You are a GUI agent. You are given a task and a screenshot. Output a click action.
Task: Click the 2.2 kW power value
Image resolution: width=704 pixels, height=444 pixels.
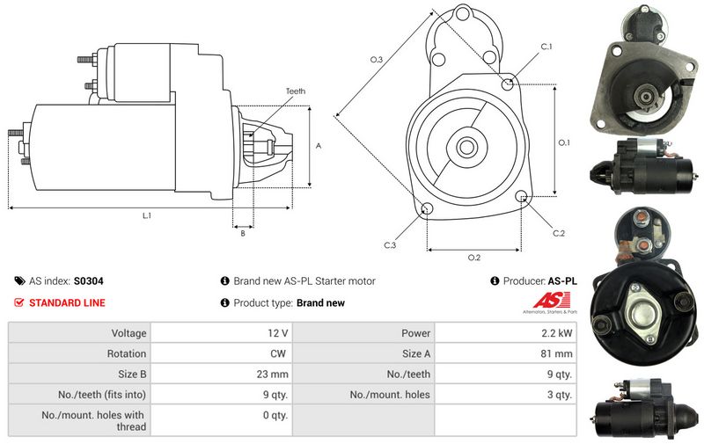[x=557, y=333]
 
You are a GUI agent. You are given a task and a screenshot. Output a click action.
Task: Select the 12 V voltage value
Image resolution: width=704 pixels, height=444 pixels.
[x=278, y=333]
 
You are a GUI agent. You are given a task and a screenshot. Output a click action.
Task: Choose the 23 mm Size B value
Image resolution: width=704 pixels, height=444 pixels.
[x=274, y=374]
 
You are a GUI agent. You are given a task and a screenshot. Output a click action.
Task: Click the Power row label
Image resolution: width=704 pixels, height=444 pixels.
[x=416, y=333]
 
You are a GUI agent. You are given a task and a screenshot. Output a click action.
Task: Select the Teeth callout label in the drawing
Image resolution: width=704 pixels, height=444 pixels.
[x=295, y=91]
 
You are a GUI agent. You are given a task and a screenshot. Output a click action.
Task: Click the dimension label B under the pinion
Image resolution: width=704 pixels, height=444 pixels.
[x=242, y=233]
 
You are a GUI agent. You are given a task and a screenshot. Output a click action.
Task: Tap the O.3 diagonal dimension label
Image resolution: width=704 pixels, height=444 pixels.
[x=376, y=60]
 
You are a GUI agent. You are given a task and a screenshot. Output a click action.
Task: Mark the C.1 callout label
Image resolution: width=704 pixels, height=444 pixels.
[x=546, y=46]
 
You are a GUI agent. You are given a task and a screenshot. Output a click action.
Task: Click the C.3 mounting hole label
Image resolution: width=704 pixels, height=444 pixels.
[x=389, y=245]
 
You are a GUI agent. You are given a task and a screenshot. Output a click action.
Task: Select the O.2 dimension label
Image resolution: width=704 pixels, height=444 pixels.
[x=474, y=258]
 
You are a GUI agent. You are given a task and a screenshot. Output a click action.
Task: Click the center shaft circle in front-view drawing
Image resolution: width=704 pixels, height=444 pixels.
[x=466, y=146]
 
